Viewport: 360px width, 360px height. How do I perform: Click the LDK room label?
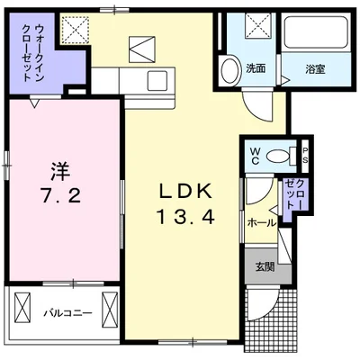pyautogui.click(x=185, y=191)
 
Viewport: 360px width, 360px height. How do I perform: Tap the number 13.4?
pyautogui.click(x=185, y=217)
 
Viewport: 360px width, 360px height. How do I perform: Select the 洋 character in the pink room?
pyautogui.click(x=60, y=172)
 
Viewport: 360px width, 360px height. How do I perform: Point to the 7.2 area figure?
pyautogui.click(x=60, y=196)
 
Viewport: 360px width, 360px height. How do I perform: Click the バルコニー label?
pyautogui.click(x=67, y=314)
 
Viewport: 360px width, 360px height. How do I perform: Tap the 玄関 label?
pyautogui.click(x=265, y=266)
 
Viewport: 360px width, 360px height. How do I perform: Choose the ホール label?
pyautogui.click(x=261, y=223)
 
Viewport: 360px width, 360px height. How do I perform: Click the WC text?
pyautogui.click(x=256, y=156)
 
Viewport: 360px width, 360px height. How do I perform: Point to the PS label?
pyautogui.click(x=305, y=155)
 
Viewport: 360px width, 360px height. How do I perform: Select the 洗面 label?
pyautogui.click(x=256, y=68)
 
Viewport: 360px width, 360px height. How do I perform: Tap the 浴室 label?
pyautogui.click(x=316, y=69)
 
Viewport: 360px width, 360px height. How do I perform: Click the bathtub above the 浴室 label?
pyautogui.click(x=315, y=32)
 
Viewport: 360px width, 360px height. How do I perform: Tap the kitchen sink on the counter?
pyautogui.click(x=157, y=80)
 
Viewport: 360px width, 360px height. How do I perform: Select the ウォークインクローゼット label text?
pyautogui.click(x=33, y=53)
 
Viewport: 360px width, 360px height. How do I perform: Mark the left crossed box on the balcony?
pyautogui.click(x=22, y=310)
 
